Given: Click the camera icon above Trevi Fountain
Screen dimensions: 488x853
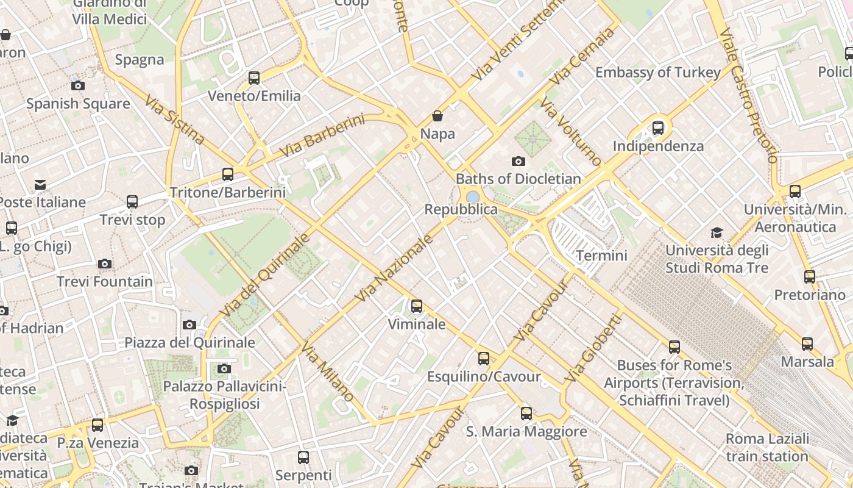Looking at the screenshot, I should pyautogui.click(x=105, y=264).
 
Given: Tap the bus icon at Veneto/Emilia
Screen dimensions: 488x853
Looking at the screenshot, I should pyautogui.click(x=254, y=78).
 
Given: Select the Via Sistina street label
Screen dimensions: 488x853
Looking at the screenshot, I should pyautogui.click(x=174, y=119).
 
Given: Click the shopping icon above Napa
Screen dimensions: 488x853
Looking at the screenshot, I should pyautogui.click(x=437, y=116).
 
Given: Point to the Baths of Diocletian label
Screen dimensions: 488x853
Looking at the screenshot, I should pyautogui.click(x=518, y=179).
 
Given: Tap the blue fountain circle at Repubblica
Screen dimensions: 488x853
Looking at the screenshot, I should pyautogui.click(x=472, y=197).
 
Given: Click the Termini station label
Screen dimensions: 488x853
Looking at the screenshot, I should pyautogui.click(x=601, y=255).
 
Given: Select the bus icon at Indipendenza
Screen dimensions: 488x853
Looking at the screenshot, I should pyautogui.click(x=658, y=128).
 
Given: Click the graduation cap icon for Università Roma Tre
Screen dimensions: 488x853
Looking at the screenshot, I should pyautogui.click(x=717, y=232).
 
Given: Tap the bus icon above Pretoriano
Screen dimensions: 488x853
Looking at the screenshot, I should pyautogui.click(x=809, y=277).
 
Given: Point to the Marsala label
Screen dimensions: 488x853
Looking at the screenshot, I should pyautogui.click(x=807, y=362).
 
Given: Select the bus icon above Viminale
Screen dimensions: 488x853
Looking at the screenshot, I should pyautogui.click(x=417, y=306).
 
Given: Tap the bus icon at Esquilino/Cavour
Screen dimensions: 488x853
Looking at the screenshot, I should pyautogui.click(x=484, y=359).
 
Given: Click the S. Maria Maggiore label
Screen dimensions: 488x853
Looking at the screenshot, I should pyautogui.click(x=526, y=432).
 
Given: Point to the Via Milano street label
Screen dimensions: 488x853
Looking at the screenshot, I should pyautogui.click(x=327, y=373).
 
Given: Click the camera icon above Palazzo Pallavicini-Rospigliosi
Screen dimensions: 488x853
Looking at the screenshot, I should pyautogui.click(x=224, y=368).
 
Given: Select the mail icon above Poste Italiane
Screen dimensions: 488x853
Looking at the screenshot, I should pyautogui.click(x=40, y=184).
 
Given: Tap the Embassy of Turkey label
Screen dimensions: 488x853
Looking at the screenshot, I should pyautogui.click(x=657, y=72).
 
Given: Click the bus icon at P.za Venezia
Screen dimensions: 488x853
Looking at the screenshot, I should pyautogui.click(x=97, y=425).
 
